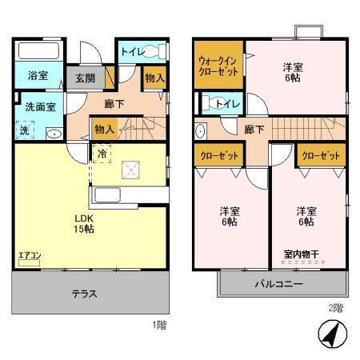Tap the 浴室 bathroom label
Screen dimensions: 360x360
[x=38, y=77]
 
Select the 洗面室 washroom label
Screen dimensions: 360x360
[x=38, y=106]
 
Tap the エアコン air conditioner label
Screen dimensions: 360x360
[x=30, y=256]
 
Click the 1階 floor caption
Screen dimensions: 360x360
[x=160, y=326]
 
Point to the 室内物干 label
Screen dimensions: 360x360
[x=301, y=254]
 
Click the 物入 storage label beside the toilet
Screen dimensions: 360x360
[x=154, y=78]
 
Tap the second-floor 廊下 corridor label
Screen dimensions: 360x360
[x=254, y=129]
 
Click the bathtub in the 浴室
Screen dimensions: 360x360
[x=38, y=54]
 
